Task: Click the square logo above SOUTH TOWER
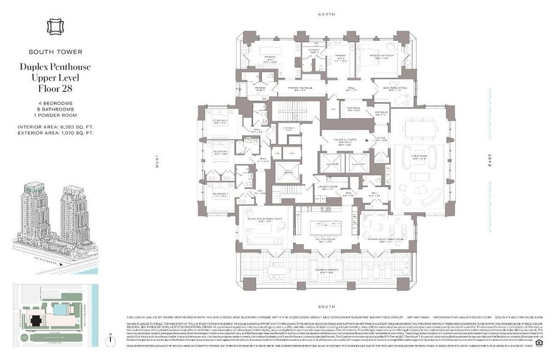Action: pos(55,27)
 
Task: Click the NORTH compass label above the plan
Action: pos(327,13)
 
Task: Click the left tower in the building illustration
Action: pos(34,210)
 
